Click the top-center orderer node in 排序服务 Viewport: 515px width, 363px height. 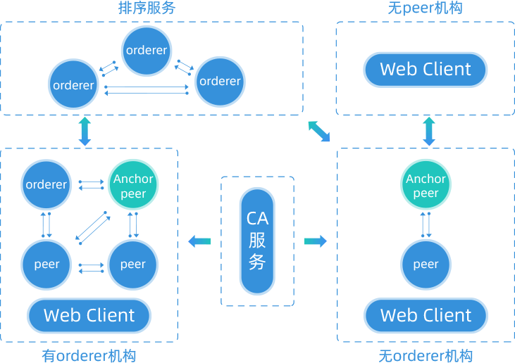click(x=147, y=50)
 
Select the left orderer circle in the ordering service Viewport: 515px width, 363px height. click(x=73, y=85)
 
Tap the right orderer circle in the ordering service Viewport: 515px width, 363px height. click(x=220, y=81)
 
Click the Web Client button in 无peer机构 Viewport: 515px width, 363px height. click(x=426, y=69)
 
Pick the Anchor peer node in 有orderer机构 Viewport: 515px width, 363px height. click(x=133, y=186)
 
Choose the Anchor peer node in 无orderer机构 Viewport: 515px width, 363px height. click(x=426, y=186)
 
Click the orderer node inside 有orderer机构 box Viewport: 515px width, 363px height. click(x=46, y=185)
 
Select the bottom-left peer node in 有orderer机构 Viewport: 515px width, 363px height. click(x=46, y=265)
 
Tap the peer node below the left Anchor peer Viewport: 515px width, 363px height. click(x=132, y=265)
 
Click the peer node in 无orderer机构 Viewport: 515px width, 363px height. click(x=426, y=265)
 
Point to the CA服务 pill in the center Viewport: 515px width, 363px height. click(x=257, y=241)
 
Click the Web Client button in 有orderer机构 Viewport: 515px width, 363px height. click(x=89, y=315)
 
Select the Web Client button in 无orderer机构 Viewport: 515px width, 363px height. click(x=426, y=315)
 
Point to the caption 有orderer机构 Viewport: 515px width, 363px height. click(x=89, y=355)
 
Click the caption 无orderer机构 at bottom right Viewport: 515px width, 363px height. click(x=426, y=355)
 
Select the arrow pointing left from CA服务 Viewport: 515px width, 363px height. click(x=199, y=242)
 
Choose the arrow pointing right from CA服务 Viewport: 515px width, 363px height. click(x=316, y=242)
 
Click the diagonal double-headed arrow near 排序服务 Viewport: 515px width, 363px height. click(x=319, y=132)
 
